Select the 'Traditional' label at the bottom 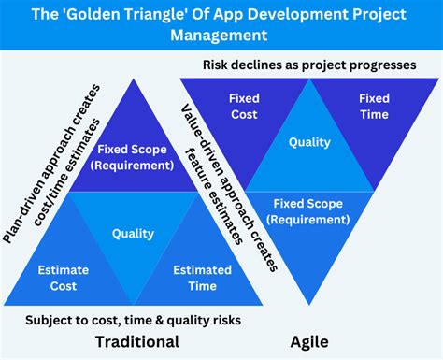point(137,341)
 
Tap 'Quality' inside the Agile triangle point(309,143)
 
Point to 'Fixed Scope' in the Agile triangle point(308,209)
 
